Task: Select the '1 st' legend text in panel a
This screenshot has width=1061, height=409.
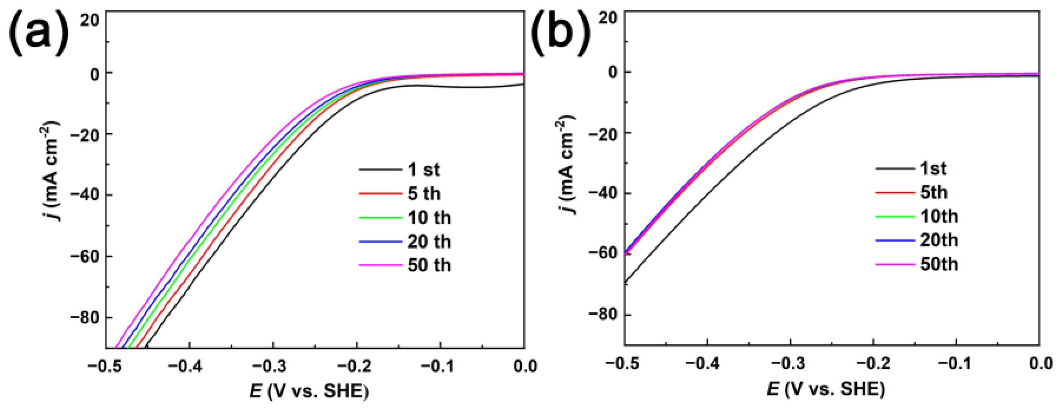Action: (424, 170)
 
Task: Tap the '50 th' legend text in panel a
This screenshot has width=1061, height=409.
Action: (429, 265)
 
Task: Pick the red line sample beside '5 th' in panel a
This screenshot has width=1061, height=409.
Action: (380, 193)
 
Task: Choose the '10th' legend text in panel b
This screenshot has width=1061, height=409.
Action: (939, 216)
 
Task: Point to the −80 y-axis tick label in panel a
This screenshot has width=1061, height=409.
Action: (84, 318)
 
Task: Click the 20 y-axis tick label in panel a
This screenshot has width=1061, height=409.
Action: (90, 19)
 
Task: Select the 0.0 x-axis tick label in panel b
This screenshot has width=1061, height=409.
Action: (1041, 364)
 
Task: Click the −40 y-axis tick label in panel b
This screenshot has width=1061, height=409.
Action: (603, 193)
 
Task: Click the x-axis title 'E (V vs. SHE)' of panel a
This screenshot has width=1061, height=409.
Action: (309, 391)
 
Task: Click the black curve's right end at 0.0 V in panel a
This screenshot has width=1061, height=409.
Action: (523, 84)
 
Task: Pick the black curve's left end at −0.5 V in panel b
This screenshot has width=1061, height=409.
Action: (626, 283)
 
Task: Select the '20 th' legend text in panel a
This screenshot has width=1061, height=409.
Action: (429, 242)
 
